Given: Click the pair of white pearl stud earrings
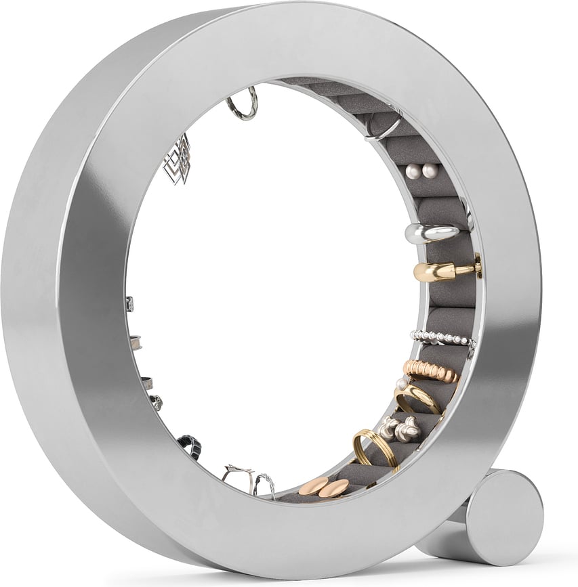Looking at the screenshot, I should coord(421,172).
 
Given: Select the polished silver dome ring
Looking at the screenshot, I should coord(432,233).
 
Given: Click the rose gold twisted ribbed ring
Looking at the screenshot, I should coord(431,371).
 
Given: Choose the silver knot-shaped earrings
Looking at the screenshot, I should coord(399,428).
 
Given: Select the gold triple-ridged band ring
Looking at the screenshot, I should coord(375,448).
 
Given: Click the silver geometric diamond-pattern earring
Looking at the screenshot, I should coord(178,159).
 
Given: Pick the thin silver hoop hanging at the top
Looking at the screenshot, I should coord(243,106).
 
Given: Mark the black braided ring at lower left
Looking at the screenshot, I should coord(190,445).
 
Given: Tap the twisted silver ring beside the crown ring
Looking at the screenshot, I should coord(265,484).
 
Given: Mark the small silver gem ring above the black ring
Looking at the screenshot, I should coord(157,402).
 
